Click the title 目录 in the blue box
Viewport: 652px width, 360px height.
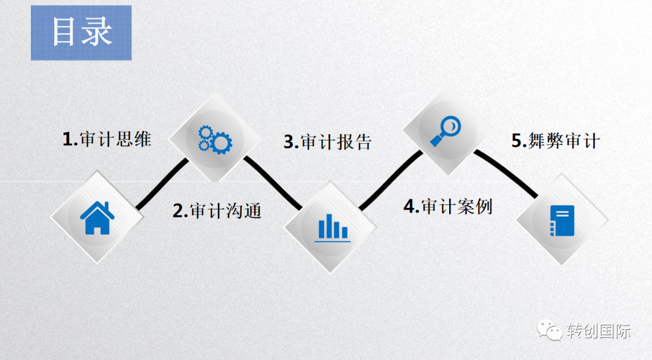pyautogui.click(x=81, y=33)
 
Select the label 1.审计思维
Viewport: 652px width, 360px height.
pyautogui.click(x=107, y=140)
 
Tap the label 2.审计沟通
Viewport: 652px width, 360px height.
pyautogui.click(x=217, y=211)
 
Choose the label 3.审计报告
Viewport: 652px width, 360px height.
pyautogui.click(x=328, y=142)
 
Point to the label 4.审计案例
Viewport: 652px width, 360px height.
pyautogui.click(x=448, y=207)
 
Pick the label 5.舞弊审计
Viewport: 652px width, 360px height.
pyautogui.click(x=555, y=141)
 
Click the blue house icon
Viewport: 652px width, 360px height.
pyautogui.click(x=97, y=218)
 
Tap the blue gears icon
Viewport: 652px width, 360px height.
pyautogui.click(x=215, y=139)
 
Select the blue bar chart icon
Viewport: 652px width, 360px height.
pyautogui.click(x=332, y=227)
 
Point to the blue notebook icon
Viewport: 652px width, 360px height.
pyautogui.click(x=562, y=220)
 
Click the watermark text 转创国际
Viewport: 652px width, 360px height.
pyautogui.click(x=598, y=331)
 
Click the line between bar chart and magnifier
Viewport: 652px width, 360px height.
pyautogui.click(x=389, y=181)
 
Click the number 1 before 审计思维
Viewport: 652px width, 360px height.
pyautogui.click(x=68, y=140)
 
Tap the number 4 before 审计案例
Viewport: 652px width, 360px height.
pyautogui.click(x=410, y=207)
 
